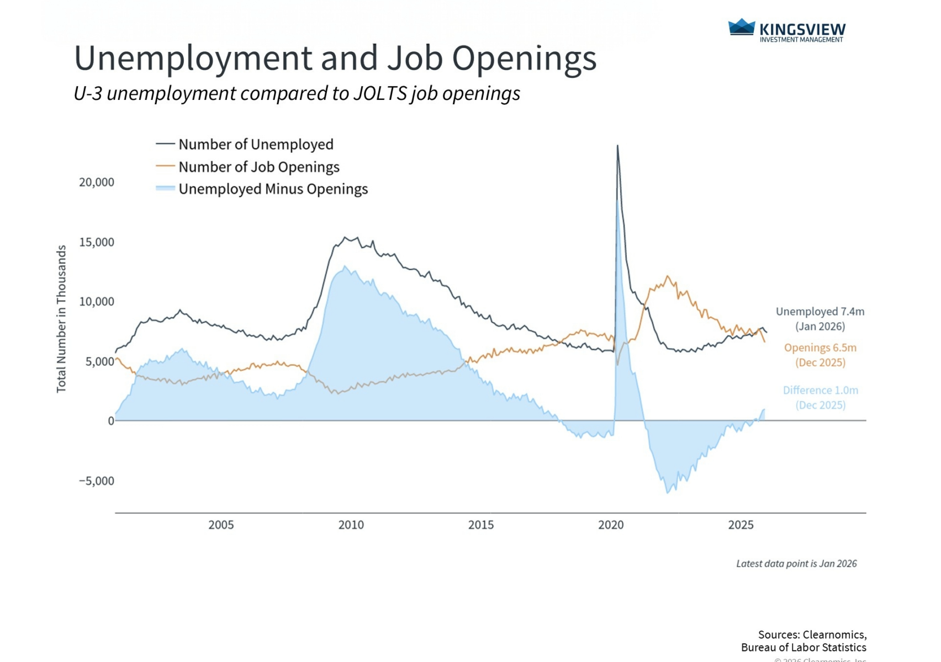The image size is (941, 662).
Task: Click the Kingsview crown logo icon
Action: [x=741, y=28]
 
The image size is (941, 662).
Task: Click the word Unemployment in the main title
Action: [x=193, y=58]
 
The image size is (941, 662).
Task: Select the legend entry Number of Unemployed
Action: [x=256, y=145]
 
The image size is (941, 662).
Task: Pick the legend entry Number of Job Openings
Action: [x=258, y=167]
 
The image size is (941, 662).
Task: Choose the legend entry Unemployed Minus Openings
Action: [x=273, y=189]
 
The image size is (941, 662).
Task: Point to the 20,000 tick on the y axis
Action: [x=97, y=183]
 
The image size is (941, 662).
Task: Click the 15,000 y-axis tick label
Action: [x=97, y=242]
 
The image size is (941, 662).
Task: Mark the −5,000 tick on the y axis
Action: [x=97, y=481]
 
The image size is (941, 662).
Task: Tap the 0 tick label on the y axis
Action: [x=111, y=421]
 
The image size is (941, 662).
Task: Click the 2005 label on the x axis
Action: [x=221, y=525]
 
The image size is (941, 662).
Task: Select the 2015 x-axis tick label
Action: [x=481, y=525]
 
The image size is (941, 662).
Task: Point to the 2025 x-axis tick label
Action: [x=741, y=525]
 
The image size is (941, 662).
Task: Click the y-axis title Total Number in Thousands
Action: [x=61, y=319]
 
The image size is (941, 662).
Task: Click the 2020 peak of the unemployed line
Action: [x=617, y=146]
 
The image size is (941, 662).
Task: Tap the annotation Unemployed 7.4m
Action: [x=820, y=312]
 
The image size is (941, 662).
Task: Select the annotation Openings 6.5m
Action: [x=820, y=348]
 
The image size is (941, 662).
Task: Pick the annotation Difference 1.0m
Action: [x=820, y=391]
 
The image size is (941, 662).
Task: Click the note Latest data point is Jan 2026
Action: [x=796, y=564]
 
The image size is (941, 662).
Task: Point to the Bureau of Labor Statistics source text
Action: [x=803, y=648]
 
